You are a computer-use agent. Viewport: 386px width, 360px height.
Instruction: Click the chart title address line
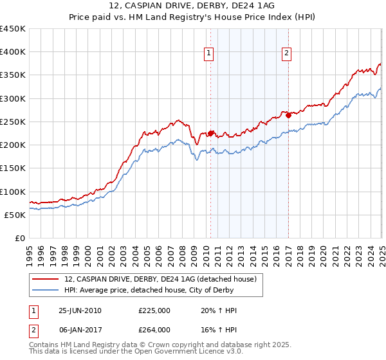pos(193,5)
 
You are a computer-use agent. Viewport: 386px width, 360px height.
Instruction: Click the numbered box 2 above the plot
pos(286,54)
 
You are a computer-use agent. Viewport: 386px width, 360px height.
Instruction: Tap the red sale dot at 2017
pos(288,115)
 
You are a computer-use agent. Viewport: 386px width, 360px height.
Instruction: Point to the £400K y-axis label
pos(12,52)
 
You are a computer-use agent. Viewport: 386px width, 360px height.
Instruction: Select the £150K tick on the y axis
pos(12,168)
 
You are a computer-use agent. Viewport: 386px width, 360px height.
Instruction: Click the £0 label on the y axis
pos(19,238)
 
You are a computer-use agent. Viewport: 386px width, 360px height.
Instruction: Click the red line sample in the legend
pos(46,278)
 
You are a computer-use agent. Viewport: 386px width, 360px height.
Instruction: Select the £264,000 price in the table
pos(154,329)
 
